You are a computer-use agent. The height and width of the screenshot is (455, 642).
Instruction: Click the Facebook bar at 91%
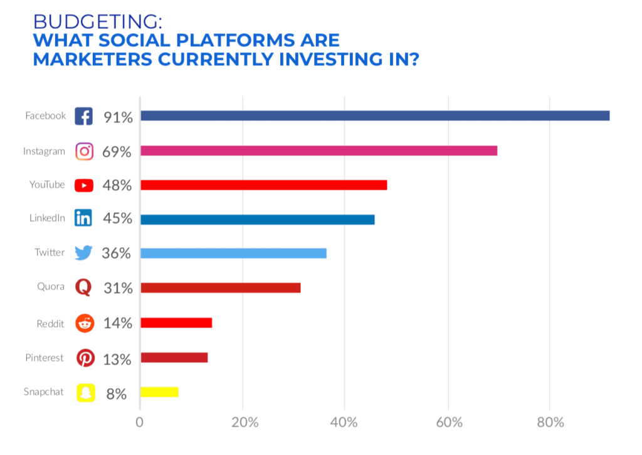coord(374,116)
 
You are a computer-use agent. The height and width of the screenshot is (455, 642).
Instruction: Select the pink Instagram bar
coord(318,151)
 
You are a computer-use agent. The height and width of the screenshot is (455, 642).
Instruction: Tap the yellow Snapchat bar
coord(159,392)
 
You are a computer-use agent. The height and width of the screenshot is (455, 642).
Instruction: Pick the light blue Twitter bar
coord(233,253)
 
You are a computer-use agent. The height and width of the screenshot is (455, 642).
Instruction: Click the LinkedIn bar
coord(257,220)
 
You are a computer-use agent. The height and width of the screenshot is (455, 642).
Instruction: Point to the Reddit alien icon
coord(85,324)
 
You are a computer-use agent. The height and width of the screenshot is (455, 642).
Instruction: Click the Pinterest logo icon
coord(85,358)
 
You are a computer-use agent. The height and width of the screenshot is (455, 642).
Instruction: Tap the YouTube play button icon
coord(84,185)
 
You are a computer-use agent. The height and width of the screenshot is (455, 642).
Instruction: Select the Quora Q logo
coord(83,287)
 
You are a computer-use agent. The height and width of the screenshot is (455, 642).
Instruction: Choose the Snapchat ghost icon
coord(85,393)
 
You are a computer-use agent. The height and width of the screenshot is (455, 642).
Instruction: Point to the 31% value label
coord(118,288)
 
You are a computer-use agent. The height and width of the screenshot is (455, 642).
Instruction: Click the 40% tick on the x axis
coord(344,422)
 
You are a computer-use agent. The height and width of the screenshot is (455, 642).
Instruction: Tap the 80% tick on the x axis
coord(549,422)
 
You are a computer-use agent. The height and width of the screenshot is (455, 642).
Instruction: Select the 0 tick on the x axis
coord(140,422)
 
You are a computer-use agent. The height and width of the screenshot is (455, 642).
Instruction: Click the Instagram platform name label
coord(44,151)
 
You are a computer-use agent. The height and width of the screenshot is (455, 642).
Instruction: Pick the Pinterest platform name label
coord(45,358)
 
